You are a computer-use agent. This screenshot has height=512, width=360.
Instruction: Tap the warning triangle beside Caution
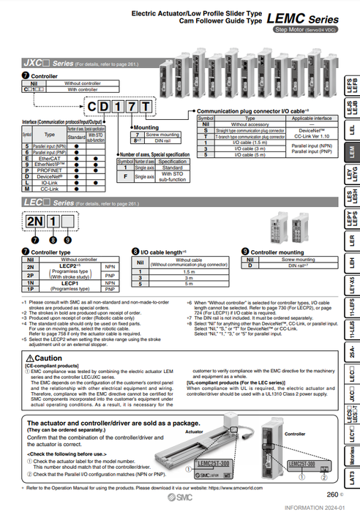tap(28, 357)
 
